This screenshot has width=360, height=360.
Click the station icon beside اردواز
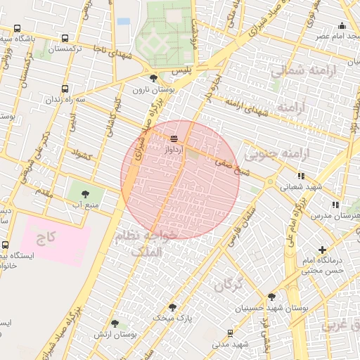tap(174, 139)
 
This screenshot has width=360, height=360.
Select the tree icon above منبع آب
tap(85, 192)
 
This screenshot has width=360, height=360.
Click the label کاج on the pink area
tap(48, 238)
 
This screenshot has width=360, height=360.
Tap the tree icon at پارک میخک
tap(172, 307)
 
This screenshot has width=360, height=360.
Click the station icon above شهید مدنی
tap(231, 333)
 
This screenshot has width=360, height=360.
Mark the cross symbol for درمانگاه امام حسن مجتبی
tap(323, 250)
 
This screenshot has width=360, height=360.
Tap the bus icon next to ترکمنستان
tap(65, 39)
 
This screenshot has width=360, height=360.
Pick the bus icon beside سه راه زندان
tap(65, 89)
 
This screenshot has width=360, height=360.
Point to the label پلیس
tap(181, 72)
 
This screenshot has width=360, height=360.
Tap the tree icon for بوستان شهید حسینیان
tap(272, 297)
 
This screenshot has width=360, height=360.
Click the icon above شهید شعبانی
tap(301, 176)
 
